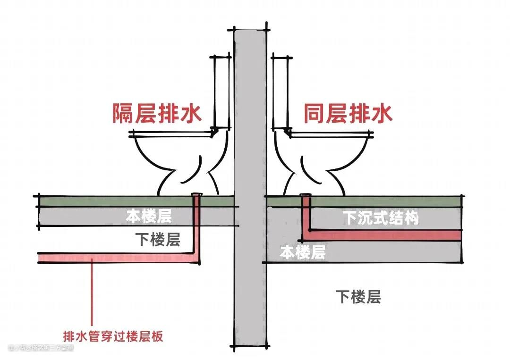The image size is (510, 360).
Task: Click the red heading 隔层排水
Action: (x=157, y=114)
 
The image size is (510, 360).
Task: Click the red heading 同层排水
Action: (x=348, y=114)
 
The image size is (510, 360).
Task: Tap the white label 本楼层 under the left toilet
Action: (x=148, y=216)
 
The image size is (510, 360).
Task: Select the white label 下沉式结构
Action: (x=381, y=218)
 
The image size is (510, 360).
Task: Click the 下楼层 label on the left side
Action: (x=158, y=240)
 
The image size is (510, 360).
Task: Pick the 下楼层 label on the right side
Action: (x=358, y=297)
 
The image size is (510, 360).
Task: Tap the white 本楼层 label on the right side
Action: (x=303, y=252)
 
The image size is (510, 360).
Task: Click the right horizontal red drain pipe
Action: (x=382, y=235)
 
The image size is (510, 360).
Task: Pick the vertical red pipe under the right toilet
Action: (x=306, y=215)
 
